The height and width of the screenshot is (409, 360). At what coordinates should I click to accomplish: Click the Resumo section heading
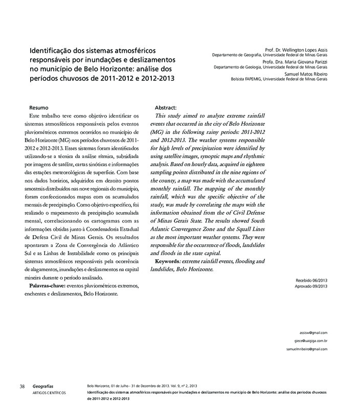tap(39, 108)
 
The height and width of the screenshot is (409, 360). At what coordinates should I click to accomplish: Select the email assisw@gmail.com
tap(314, 332)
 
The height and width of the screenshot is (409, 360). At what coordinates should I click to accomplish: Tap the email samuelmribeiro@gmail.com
tap(307, 349)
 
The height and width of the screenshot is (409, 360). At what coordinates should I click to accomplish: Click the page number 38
tap(22, 386)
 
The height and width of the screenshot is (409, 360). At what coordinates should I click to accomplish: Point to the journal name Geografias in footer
tap(42, 386)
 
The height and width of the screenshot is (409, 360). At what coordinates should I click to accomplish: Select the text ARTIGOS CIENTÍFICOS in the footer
tap(49, 392)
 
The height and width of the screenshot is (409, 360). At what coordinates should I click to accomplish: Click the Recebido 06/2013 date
tap(311, 280)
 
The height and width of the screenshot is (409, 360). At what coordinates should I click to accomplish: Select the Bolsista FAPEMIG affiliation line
tap(279, 79)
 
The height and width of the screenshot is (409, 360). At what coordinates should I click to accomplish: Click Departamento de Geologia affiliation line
tap(271, 67)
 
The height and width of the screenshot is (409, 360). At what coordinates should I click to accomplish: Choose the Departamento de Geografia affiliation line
tap(269, 56)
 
